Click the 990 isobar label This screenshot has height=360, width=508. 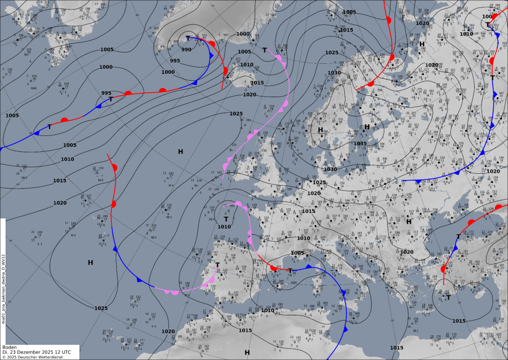coord(186,50)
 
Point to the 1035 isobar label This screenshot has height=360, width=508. coord(360,143)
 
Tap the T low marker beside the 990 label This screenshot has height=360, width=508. coord(188,38)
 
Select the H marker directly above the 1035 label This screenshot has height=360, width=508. coord(366,127)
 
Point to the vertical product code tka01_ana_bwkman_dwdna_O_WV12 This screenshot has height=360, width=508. coord(4,288)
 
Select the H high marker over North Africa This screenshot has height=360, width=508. coord(247,352)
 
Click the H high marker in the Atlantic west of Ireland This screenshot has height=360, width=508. coord(181,151)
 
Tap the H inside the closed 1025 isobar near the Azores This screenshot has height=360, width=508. coord(90,262)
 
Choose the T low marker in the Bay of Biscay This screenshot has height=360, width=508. coord(226,219)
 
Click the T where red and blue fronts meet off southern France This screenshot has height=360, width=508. coord(290,271)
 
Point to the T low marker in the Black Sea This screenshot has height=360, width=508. coord(458,236)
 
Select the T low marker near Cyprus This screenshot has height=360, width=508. coord(448,297)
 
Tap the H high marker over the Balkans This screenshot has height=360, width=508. coord(409,221)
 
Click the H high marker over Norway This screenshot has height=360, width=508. coord(320,130)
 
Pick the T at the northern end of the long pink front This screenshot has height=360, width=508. coord(264,50)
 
